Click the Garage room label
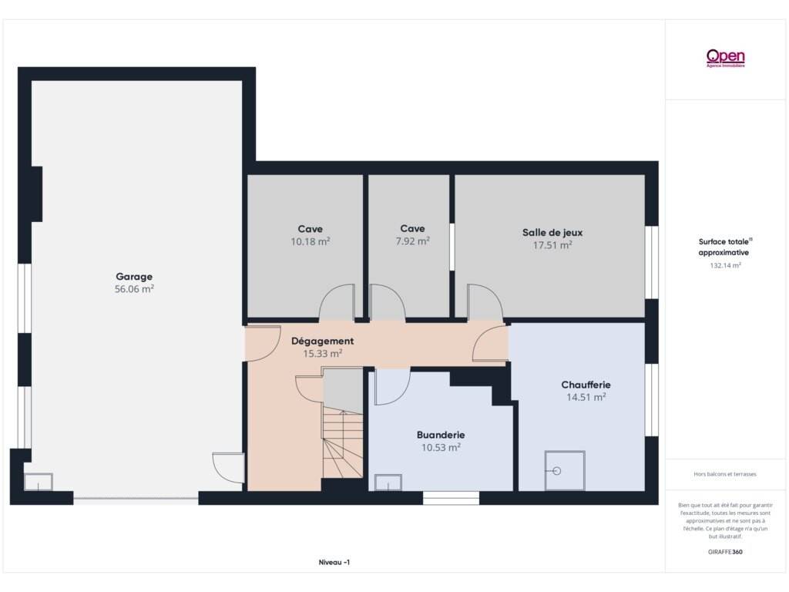[x=134, y=277]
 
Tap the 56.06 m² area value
[x=134, y=289]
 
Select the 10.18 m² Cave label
[x=310, y=229]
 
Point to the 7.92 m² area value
[x=413, y=241]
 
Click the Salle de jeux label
[x=552, y=233]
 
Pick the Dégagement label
[x=323, y=341]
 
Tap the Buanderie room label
[x=441, y=435]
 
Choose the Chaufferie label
[x=586, y=385]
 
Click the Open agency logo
[x=726, y=58]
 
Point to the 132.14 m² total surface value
[x=725, y=265]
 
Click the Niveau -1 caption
[x=334, y=562]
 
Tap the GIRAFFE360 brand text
[x=725, y=552]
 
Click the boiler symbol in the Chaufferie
[x=565, y=471]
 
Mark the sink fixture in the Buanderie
[x=388, y=483]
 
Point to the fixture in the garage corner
[x=39, y=482]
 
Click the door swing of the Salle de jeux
[x=485, y=302]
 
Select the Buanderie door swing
[x=392, y=387]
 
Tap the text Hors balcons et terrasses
[x=725, y=474]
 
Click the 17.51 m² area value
[x=552, y=245]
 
